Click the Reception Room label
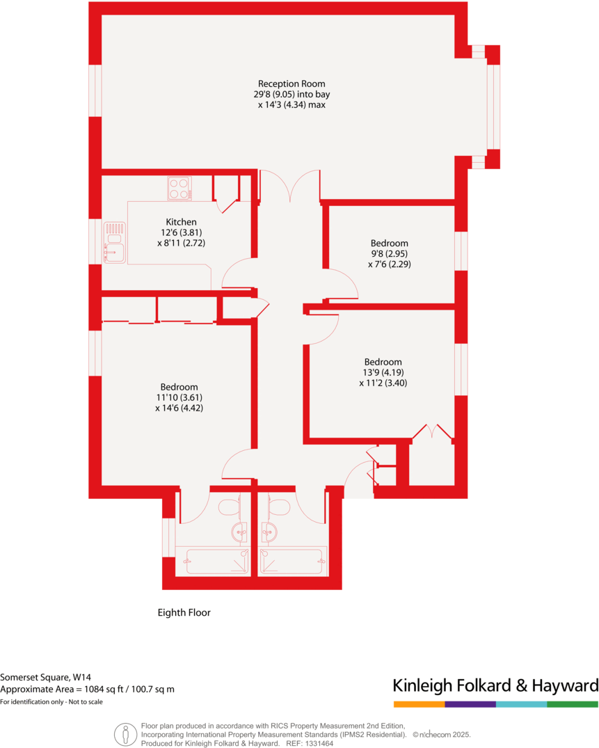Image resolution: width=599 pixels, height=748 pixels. [291, 84]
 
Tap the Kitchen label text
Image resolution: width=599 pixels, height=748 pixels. [181, 222]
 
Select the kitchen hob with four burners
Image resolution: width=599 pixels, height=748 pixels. [179, 188]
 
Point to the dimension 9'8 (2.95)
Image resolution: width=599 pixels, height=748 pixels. [389, 254]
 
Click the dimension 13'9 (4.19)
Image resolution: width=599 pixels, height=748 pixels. [383, 372]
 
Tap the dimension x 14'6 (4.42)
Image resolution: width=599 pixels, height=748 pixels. [179, 408]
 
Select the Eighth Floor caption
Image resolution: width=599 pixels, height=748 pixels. [184, 613]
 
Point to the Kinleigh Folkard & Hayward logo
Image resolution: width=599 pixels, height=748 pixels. [495, 685]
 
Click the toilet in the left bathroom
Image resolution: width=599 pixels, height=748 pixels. [229, 507]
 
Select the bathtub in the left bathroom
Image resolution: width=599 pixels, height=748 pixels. [216, 560]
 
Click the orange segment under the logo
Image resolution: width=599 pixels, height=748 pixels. [419, 704]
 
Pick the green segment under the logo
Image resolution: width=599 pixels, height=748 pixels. [573, 704]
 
